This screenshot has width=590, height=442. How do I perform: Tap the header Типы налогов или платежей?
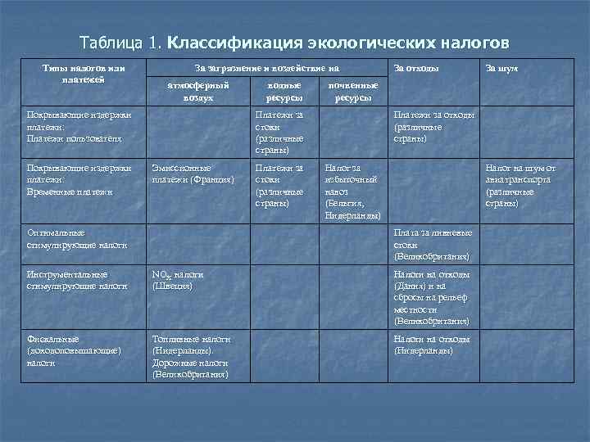(x=79, y=74)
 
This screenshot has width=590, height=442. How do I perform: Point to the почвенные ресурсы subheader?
(x=352, y=90)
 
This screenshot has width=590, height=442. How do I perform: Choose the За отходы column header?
(x=416, y=69)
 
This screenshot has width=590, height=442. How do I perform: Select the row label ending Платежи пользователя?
(x=75, y=138)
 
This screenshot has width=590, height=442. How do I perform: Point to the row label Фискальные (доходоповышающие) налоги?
(x=75, y=350)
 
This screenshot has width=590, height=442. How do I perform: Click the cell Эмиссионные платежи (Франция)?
(x=193, y=174)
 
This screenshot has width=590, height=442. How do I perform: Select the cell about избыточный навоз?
(x=352, y=192)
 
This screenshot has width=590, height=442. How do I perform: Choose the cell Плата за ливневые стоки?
(x=431, y=244)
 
